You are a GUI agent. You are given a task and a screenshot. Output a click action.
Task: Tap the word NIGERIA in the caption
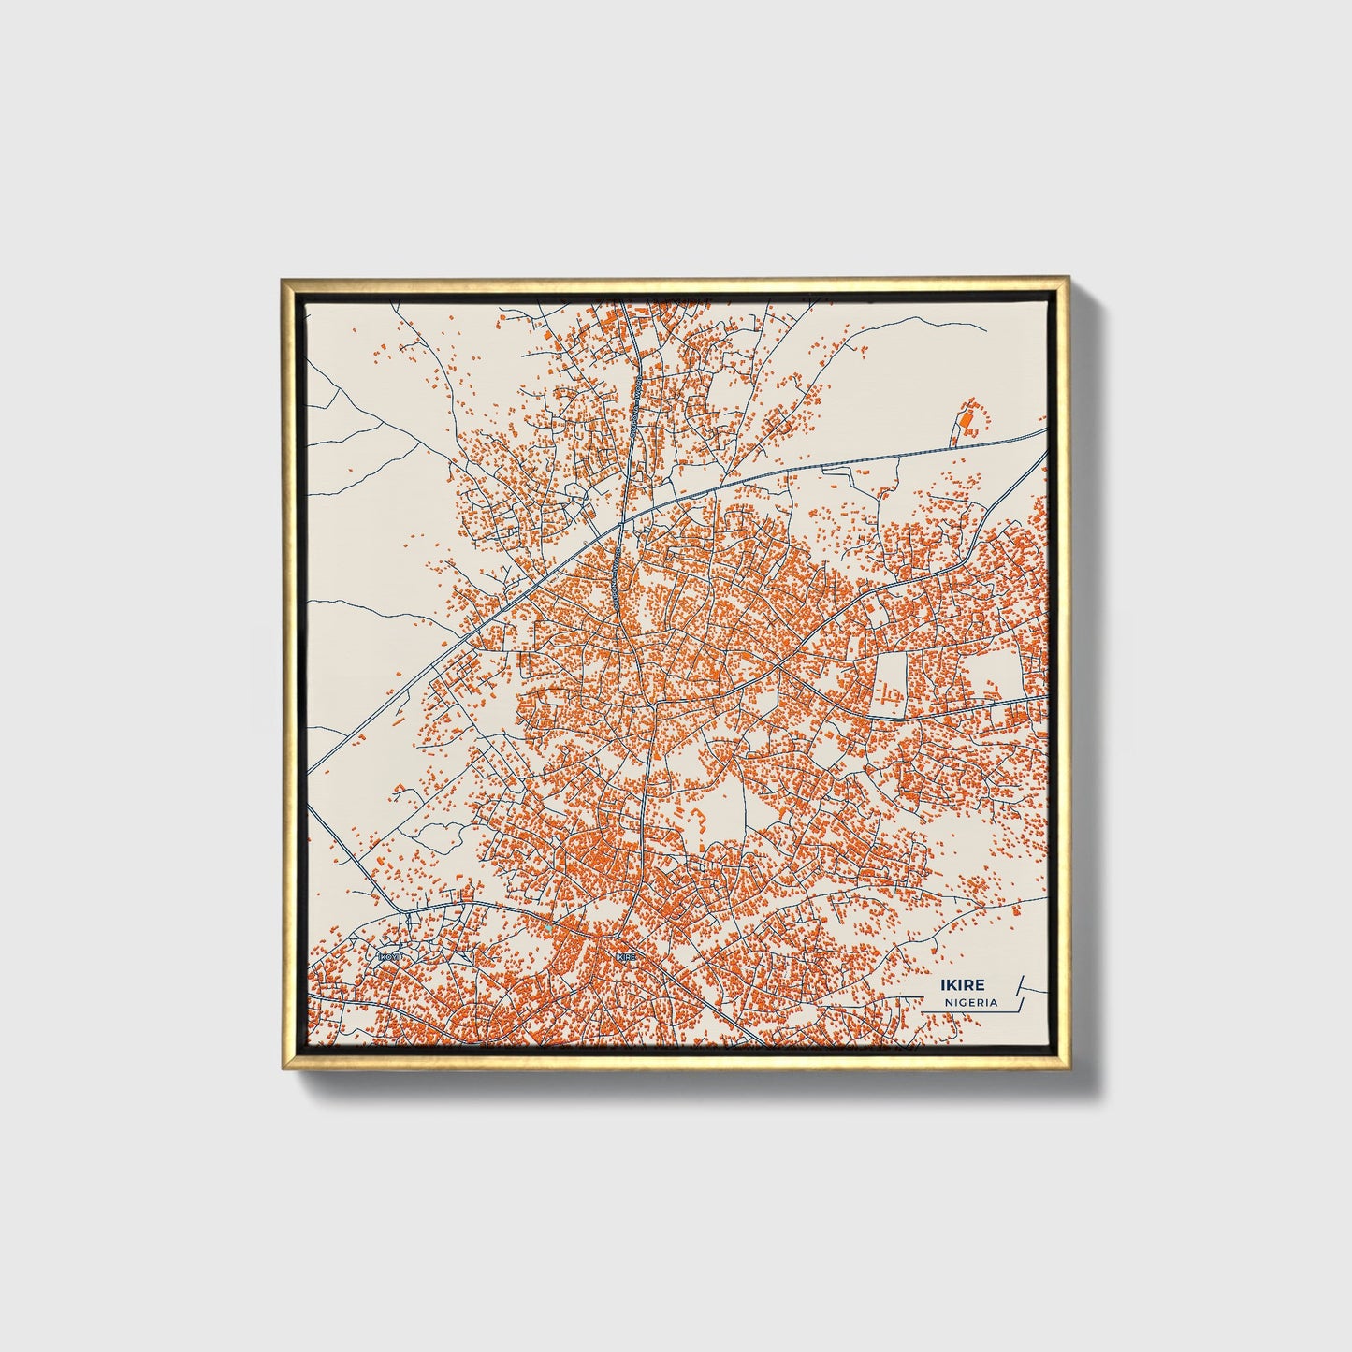coord(970,1002)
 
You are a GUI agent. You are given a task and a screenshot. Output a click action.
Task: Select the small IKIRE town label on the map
coord(626,957)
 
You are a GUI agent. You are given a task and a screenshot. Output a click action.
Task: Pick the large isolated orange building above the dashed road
coord(967,418)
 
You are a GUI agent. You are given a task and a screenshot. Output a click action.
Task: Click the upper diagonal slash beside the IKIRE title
coord(1020,983)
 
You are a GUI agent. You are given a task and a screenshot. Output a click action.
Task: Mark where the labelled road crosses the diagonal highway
coord(620,529)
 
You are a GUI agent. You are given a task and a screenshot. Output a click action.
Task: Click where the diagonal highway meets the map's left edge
coord(309,776)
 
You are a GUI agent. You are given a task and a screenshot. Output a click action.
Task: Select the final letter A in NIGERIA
coord(994,1002)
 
